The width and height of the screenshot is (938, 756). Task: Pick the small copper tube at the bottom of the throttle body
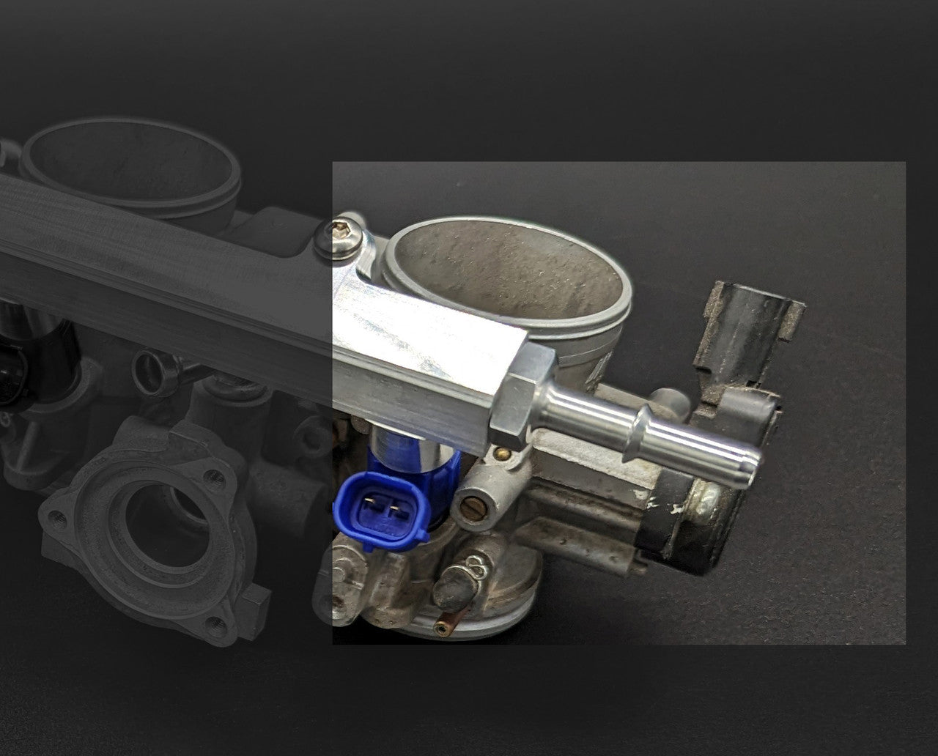[x=443, y=628]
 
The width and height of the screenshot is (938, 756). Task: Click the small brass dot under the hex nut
[x=503, y=453]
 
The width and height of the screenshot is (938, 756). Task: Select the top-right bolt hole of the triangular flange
[x=214, y=480]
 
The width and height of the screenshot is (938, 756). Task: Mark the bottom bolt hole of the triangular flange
[x=215, y=624]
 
